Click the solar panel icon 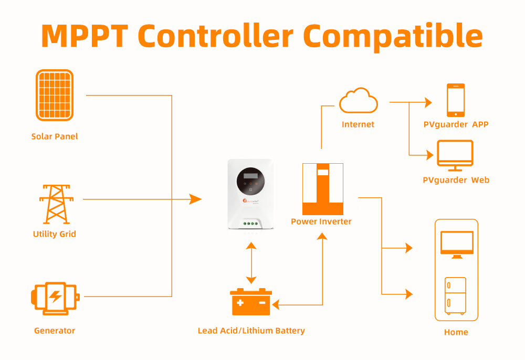tap(55, 96)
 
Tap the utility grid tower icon tap(55, 204)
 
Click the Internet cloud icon tap(358, 101)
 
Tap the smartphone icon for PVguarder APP tap(455, 100)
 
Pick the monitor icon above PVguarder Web tap(455, 156)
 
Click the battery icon tap(251, 302)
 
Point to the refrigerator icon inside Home tap(455, 296)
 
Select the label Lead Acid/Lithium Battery tap(251, 331)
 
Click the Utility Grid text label tap(55, 234)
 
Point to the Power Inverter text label tap(321, 221)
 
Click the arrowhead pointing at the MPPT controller tap(195, 199)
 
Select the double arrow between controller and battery tap(251, 263)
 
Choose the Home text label tap(456, 332)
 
